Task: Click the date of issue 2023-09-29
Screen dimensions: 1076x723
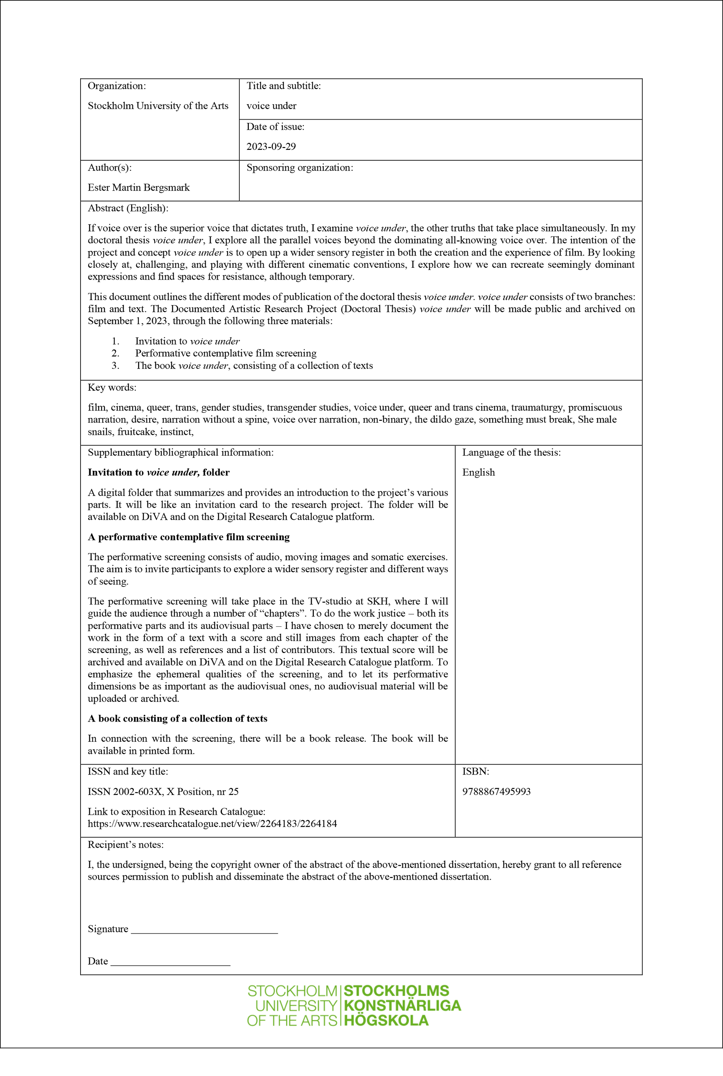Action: click(271, 147)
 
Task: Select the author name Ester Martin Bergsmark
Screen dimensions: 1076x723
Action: click(138, 188)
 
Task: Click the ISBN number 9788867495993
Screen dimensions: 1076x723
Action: click(496, 791)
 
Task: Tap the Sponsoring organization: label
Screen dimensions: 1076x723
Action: click(300, 168)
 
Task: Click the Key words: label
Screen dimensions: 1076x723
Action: click(112, 387)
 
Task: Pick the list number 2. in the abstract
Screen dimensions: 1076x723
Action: click(115, 353)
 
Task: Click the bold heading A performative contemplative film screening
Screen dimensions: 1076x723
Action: click(189, 537)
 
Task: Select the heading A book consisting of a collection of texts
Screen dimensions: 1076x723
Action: click(178, 718)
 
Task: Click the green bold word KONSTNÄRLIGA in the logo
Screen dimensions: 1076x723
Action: click(402, 1006)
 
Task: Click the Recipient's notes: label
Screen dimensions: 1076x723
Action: click(125, 845)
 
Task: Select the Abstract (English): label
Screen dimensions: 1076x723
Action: click(128, 208)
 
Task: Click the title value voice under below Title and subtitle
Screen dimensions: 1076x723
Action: click(271, 106)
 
